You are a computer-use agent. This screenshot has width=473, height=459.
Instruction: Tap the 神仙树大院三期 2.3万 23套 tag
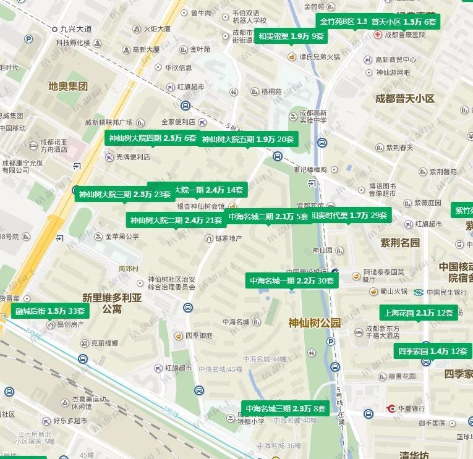124,194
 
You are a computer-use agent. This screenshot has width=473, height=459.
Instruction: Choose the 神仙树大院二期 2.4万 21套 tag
176,220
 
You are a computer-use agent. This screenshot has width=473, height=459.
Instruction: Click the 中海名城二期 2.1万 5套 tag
268,216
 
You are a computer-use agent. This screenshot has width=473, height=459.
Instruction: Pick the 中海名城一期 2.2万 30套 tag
292,280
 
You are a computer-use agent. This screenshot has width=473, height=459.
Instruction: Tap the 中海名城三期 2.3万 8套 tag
285,408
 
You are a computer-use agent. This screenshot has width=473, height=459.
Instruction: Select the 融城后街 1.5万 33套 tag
50,311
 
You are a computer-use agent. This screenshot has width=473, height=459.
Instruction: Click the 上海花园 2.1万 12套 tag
419,313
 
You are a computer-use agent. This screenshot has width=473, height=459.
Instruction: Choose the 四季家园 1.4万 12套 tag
433,351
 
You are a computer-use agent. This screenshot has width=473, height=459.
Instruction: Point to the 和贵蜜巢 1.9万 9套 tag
291,36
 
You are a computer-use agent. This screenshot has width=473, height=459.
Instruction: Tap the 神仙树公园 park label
314,322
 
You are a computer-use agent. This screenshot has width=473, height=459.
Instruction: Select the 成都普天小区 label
405,98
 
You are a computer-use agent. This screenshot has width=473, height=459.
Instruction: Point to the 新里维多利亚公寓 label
112,303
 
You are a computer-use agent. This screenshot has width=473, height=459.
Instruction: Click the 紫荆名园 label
400,242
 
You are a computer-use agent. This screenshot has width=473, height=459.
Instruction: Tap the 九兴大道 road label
75,29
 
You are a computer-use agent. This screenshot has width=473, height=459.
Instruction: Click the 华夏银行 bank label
410,408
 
